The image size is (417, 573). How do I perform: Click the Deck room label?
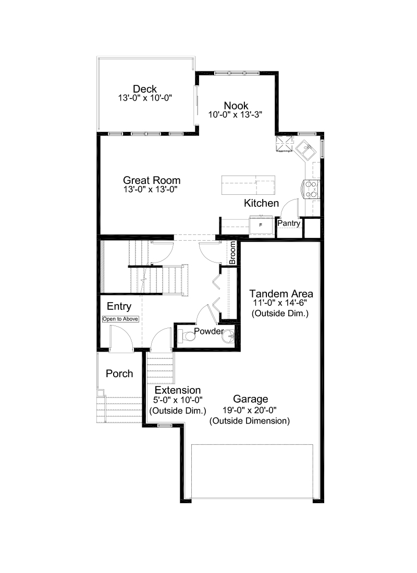coord(145,89)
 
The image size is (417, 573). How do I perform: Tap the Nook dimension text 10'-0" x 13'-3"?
coord(235,115)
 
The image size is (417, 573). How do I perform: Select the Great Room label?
coord(152,180)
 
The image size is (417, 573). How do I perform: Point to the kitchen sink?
coord(305,150)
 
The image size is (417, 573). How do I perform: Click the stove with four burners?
coord(311,189)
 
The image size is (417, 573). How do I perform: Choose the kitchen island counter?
coord(248,185)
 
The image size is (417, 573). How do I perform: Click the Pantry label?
coord(289,223)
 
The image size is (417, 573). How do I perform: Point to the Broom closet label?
coord(232,253)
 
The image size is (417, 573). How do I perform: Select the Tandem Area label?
coord(281,294)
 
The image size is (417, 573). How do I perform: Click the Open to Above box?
coord(120,319)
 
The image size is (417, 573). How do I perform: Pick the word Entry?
coord(119,306)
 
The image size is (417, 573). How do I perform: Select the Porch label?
coord(119,373)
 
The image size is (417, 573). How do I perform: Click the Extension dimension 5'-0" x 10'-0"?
coord(178,400)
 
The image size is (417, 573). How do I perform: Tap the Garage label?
coord(251,398)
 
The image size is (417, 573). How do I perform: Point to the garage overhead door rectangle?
coord(252,471)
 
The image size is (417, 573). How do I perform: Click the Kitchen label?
coord(261,203)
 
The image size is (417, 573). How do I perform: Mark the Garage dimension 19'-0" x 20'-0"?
coord(250,410)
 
